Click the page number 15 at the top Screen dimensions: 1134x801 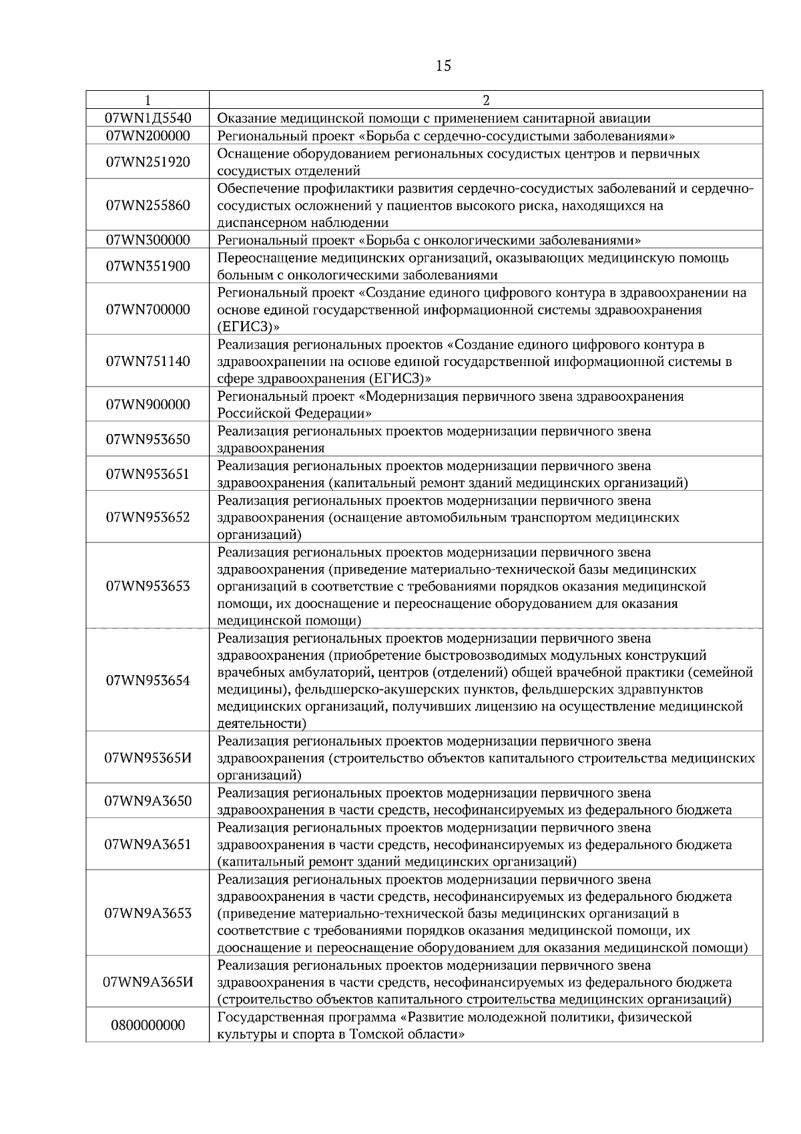pyautogui.click(x=443, y=65)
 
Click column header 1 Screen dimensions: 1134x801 pyautogui.click(x=148, y=100)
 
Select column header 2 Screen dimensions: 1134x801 pyautogui.click(x=486, y=100)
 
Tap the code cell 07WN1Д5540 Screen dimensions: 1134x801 pyautogui.click(x=148, y=118)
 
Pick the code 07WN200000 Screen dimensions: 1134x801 pyautogui.click(x=148, y=136)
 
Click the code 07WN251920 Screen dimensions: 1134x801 pyautogui.click(x=148, y=162)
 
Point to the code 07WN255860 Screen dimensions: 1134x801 pyautogui.click(x=148, y=205)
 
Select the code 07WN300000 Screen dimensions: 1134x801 pyautogui.click(x=148, y=240)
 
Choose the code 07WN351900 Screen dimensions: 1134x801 pyautogui.click(x=148, y=266)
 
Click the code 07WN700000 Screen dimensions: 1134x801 pyautogui.click(x=148, y=309)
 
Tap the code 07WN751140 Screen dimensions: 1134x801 pyautogui.click(x=148, y=361)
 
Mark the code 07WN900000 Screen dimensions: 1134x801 pyautogui.click(x=148, y=404)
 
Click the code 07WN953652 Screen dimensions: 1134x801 pyautogui.click(x=148, y=517)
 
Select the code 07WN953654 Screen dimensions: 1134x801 pyautogui.click(x=148, y=681)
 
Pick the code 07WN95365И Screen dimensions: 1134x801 pyautogui.click(x=148, y=758)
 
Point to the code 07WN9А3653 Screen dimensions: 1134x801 pyautogui.click(x=148, y=913)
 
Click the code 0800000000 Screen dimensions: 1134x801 pyautogui.click(x=148, y=1025)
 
